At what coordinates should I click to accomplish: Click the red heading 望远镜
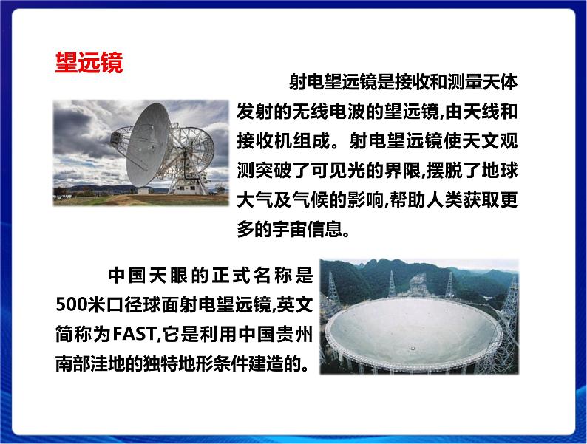pyautogui.click(x=89, y=62)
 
